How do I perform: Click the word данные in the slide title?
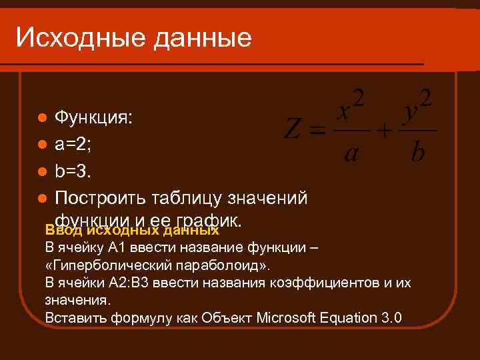(x=203, y=38)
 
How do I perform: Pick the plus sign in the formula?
(x=385, y=131)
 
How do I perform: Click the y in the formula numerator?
(x=411, y=112)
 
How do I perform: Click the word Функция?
(x=93, y=118)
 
